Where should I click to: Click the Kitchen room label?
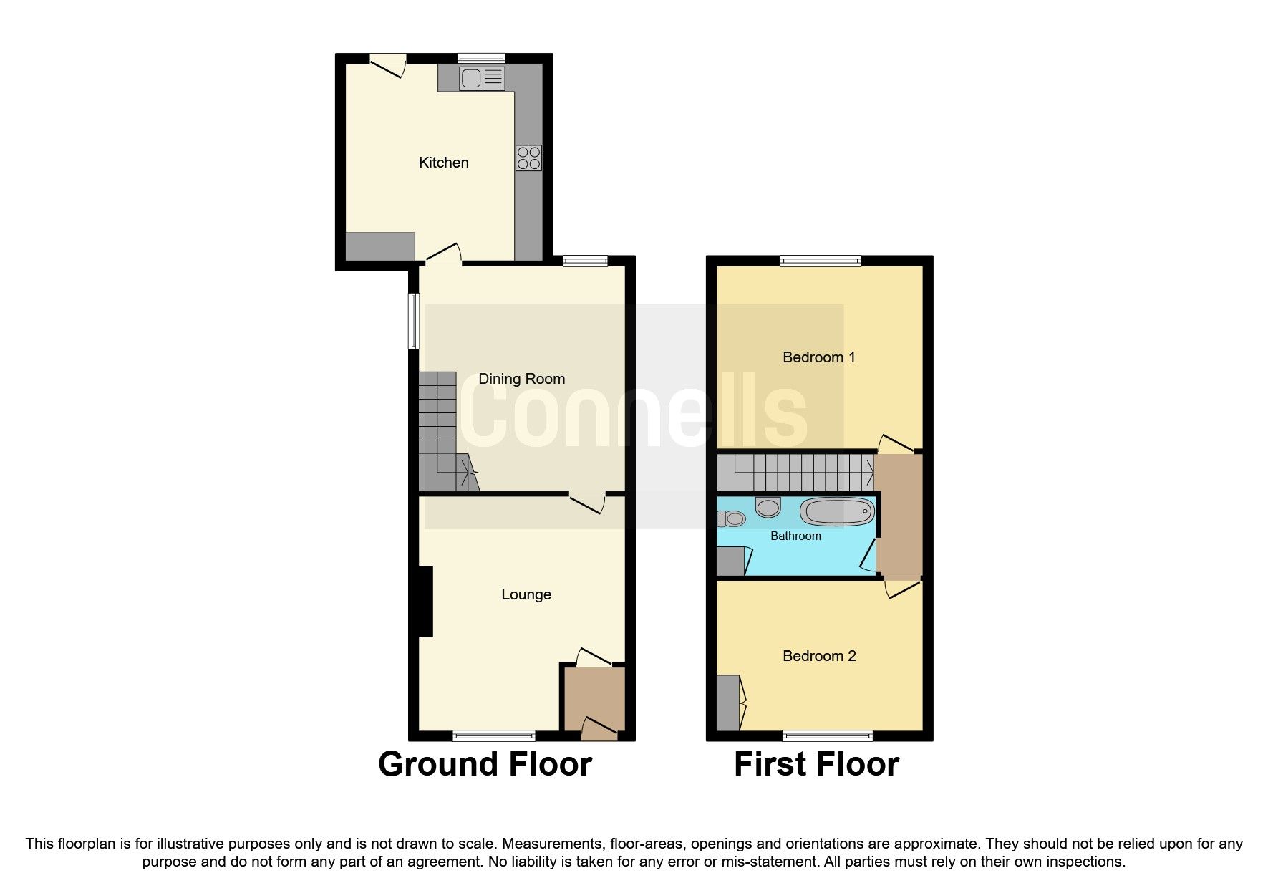click(443, 163)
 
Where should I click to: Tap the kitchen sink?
click(483, 78)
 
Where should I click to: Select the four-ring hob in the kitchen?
click(529, 158)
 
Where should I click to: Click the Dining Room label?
click(521, 379)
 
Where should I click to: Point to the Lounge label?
click(526, 594)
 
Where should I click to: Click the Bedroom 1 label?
click(818, 357)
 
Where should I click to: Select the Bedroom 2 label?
click(819, 656)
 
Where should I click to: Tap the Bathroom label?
click(795, 536)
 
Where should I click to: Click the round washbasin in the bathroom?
click(768, 508)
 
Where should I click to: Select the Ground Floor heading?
click(485, 764)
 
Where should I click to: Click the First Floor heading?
click(816, 764)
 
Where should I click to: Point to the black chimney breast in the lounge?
click(425, 601)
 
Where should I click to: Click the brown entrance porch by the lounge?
click(594, 698)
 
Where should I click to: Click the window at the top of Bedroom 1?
click(821, 261)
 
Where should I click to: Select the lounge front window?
click(494, 735)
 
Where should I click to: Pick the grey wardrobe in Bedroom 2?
click(727, 703)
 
